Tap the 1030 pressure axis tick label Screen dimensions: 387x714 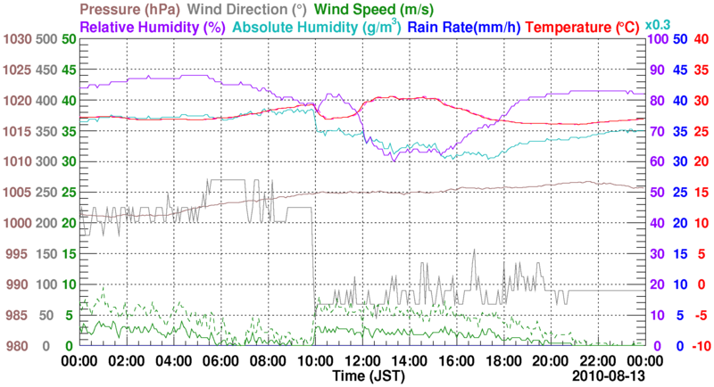[x=17, y=39]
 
